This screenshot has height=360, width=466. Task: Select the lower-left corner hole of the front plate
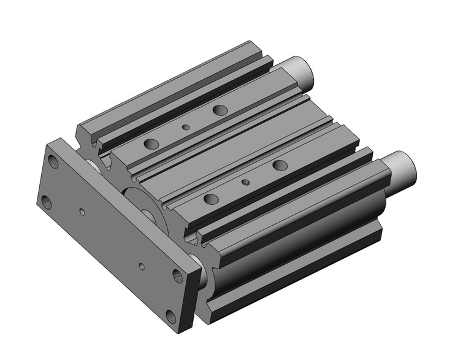[x=47, y=202]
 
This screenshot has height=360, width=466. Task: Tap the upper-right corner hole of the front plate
[x=177, y=275]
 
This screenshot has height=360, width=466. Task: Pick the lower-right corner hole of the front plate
[x=170, y=315]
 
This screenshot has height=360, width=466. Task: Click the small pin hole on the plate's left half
[x=82, y=212]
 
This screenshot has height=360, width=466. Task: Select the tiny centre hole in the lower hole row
[x=245, y=182]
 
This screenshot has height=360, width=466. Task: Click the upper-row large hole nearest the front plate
[x=151, y=144]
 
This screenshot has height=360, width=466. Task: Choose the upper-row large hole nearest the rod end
[x=220, y=110]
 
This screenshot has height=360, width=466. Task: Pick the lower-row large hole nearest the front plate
[x=211, y=199]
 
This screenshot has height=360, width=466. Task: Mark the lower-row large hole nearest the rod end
[x=280, y=165]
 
